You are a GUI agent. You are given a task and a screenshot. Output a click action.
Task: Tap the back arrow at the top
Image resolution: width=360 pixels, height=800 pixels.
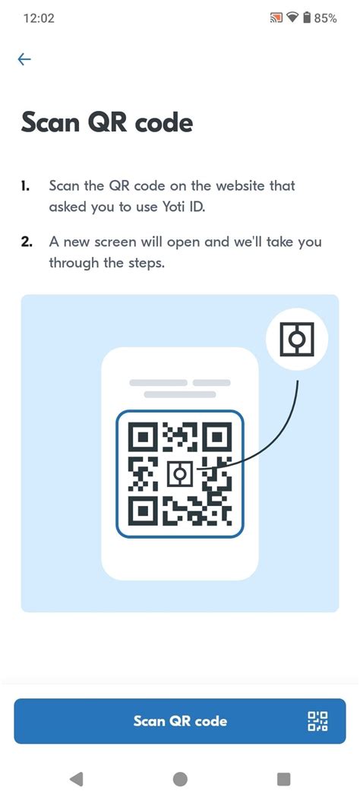pyautogui.click(x=24, y=60)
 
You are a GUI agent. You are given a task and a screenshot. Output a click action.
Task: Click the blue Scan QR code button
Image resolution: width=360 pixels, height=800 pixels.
pyautogui.click(x=180, y=720)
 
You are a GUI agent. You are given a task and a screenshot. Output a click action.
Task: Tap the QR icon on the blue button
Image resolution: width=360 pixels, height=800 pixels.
pyautogui.click(x=317, y=722)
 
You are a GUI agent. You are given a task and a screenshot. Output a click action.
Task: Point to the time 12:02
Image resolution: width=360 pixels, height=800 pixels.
pyautogui.click(x=39, y=18)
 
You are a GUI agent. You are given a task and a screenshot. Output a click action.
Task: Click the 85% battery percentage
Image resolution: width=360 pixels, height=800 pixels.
pyautogui.click(x=325, y=18)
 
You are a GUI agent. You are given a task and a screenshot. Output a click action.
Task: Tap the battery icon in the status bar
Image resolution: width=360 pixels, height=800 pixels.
pyautogui.click(x=307, y=18)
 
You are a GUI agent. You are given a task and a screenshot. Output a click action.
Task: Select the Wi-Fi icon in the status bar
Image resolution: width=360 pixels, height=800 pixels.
pyautogui.click(x=292, y=18)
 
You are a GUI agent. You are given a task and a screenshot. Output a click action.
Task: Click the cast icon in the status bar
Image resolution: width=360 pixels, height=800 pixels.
pyautogui.click(x=276, y=18)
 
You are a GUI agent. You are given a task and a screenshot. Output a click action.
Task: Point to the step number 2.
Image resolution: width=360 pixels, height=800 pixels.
pyautogui.click(x=26, y=242)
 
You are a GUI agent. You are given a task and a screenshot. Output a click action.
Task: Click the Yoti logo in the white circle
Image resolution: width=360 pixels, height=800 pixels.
pyautogui.click(x=297, y=339)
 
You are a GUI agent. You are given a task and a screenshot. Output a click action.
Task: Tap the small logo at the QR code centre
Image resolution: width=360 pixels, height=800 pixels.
pyautogui.click(x=179, y=474)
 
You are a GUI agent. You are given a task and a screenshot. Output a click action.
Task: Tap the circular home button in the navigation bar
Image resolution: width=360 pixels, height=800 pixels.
pyautogui.click(x=180, y=779)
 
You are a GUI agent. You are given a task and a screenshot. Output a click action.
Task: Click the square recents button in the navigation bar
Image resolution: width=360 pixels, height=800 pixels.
pyautogui.click(x=283, y=779)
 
